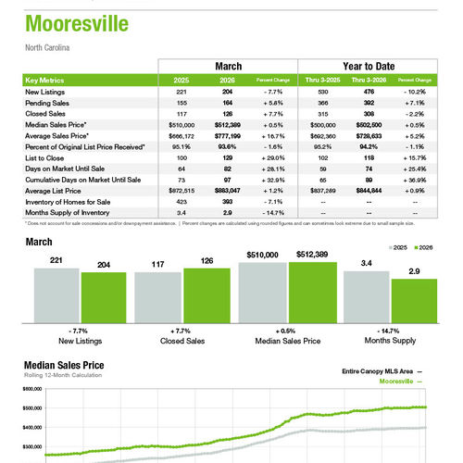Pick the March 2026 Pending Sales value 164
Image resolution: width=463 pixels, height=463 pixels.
pos(227,104)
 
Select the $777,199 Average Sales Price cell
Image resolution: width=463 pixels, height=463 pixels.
pos(225,135)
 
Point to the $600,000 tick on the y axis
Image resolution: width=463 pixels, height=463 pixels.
pos(31,390)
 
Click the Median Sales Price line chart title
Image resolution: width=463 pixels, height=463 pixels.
pos(64,365)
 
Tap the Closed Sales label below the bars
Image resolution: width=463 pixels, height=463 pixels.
pos(181,342)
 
